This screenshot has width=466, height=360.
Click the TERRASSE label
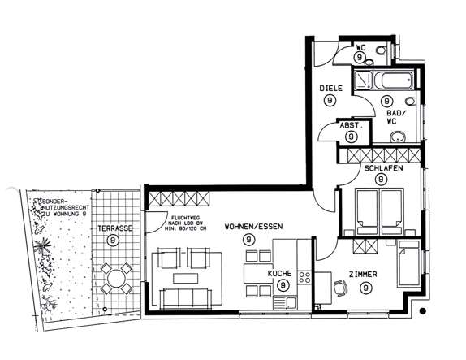[114, 229]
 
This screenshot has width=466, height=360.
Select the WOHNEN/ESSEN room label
[253, 227]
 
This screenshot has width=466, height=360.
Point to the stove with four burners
[305, 280]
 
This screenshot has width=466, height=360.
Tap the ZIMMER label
[365, 275]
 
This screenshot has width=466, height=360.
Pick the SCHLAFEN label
[384, 167]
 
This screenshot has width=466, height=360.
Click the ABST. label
[351, 125]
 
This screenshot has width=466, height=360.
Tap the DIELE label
[329, 87]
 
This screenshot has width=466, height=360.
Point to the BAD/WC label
[395, 116]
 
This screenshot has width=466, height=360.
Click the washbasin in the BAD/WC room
[399, 136]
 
